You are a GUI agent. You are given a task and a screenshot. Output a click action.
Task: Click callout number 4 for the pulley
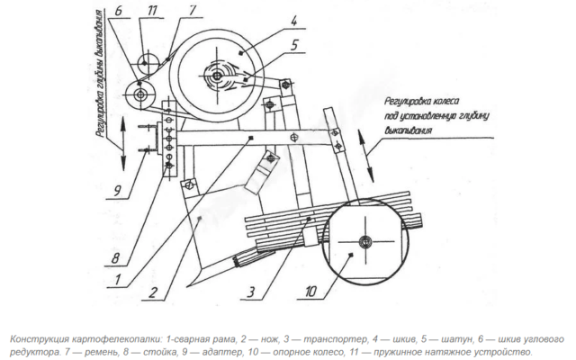(x=294, y=21)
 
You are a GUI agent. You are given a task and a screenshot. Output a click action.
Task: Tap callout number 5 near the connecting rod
(x=294, y=45)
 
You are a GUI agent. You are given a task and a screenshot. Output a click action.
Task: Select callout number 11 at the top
(x=152, y=11)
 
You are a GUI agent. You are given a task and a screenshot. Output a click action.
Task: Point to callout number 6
(x=118, y=11)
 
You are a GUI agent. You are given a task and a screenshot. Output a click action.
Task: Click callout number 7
(x=193, y=10)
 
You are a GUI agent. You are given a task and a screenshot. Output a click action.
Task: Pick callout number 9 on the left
(x=117, y=191)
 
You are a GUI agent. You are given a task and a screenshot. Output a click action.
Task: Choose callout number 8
(x=115, y=258)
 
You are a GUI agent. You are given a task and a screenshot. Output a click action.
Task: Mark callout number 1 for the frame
(x=118, y=280)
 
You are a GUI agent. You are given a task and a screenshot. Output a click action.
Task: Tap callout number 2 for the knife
(x=153, y=292)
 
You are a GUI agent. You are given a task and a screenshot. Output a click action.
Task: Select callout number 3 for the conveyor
(x=251, y=292)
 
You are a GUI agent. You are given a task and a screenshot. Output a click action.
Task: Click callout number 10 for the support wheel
(x=310, y=292)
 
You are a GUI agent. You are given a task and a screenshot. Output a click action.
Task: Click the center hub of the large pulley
(x=217, y=76)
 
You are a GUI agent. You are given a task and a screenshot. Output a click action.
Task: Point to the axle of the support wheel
(x=365, y=242)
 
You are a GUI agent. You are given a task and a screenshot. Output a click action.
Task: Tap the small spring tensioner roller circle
(x=148, y=63)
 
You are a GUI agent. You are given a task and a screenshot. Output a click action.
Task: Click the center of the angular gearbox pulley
(x=140, y=94)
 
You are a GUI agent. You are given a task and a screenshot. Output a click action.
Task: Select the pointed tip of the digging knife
(x=187, y=286)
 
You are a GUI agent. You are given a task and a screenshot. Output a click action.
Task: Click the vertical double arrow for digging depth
(x=123, y=144)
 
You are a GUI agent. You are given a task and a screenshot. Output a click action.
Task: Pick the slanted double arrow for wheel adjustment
(x=366, y=157)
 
